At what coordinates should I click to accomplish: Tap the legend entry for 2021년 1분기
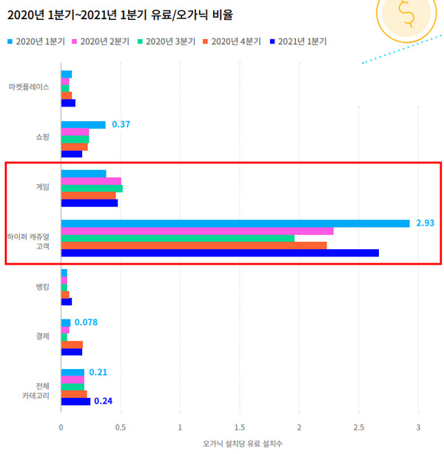click(x=300, y=41)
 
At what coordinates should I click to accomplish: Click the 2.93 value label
click(x=425, y=223)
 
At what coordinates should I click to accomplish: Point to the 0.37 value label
click(x=121, y=124)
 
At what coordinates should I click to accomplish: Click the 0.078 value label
click(x=86, y=322)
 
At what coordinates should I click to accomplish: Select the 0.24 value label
click(x=103, y=402)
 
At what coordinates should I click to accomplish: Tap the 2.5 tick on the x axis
click(x=359, y=427)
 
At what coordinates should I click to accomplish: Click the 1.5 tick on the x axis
click(x=240, y=427)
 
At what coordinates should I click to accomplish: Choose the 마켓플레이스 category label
click(x=29, y=87)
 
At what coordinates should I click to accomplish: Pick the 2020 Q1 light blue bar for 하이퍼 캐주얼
click(x=235, y=223)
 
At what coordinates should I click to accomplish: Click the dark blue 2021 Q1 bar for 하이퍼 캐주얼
click(x=220, y=253)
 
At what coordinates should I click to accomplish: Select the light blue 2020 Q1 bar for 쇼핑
click(x=83, y=125)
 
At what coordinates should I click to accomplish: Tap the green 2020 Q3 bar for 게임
click(x=92, y=189)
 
